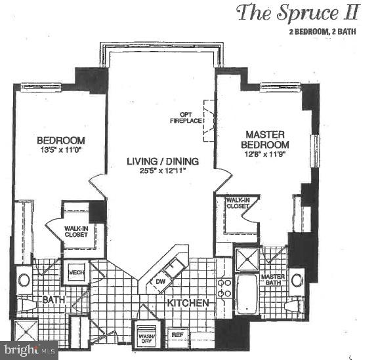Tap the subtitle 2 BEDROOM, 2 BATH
[x=323, y=32]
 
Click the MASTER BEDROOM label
[x=264, y=139]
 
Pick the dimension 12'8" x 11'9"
[x=264, y=154]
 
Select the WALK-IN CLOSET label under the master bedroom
[x=237, y=203]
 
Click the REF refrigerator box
[x=177, y=334]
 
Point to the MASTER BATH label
[x=272, y=280]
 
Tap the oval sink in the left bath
[x=24, y=280]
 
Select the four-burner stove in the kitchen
[x=223, y=289]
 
